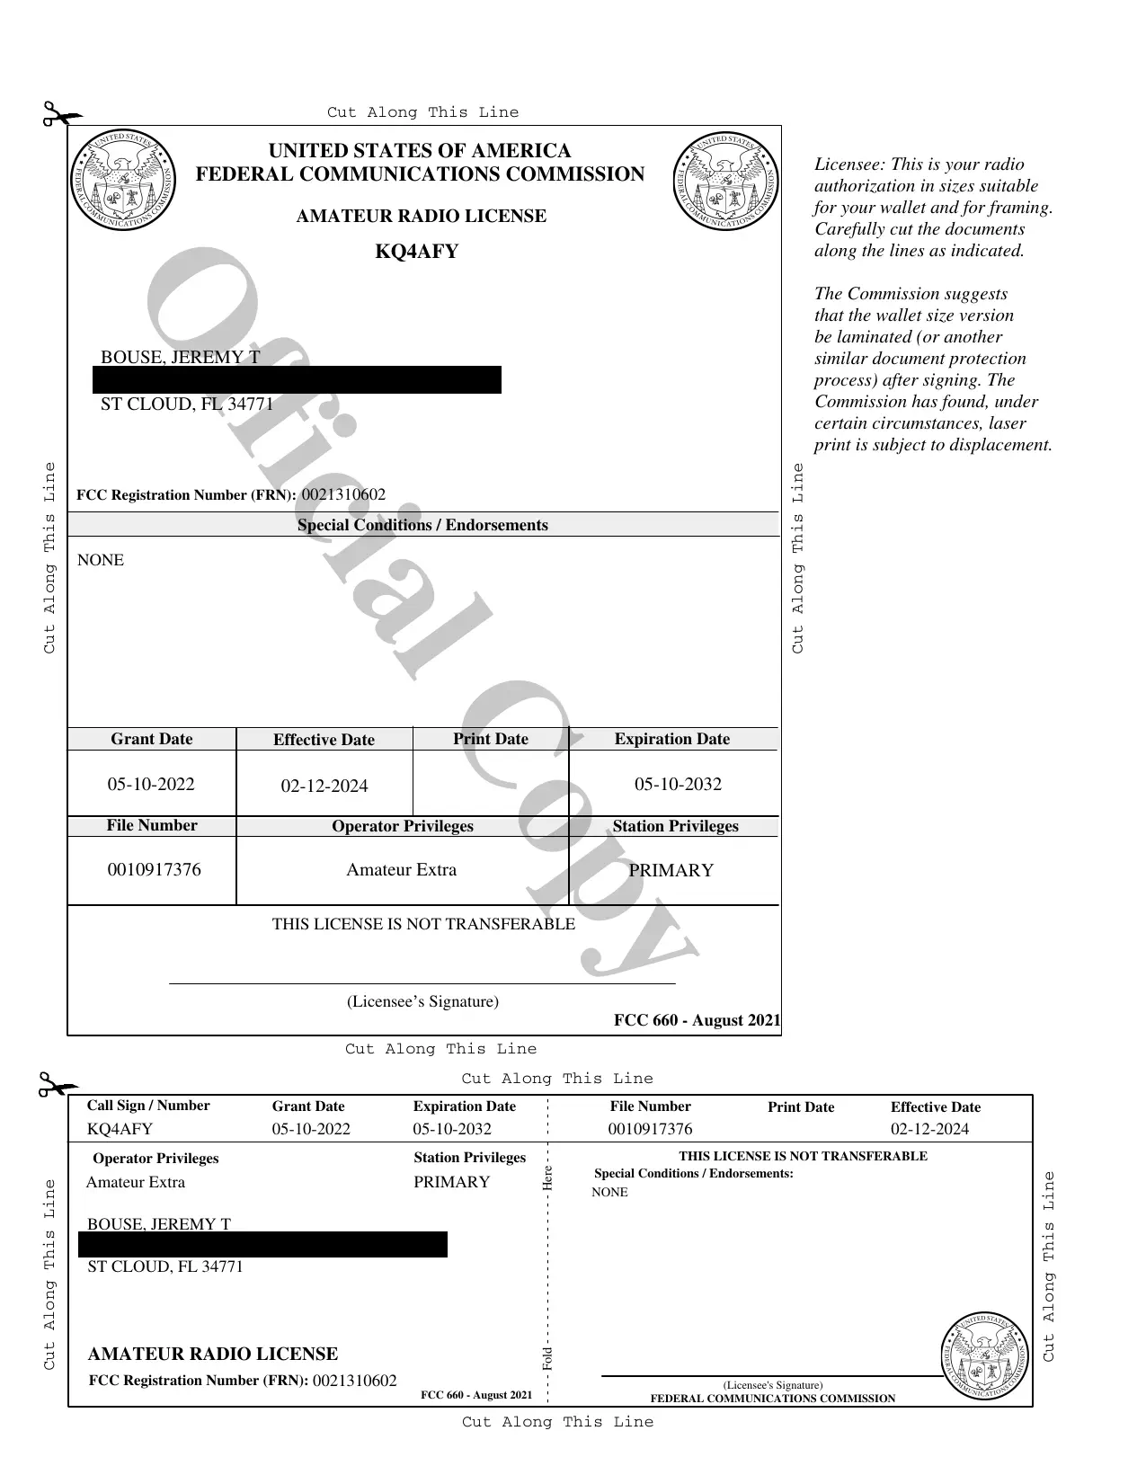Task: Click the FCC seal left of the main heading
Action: pos(122,180)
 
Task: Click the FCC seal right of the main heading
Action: pos(725,180)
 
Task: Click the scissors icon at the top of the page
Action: pos(59,115)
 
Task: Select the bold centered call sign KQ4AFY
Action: pos(416,252)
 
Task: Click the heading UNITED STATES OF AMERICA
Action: pos(420,151)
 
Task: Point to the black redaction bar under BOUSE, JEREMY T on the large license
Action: pos(297,380)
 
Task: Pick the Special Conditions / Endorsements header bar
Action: pos(422,525)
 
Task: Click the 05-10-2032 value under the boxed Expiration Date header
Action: pos(678,784)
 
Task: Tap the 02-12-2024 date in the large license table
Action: pos(324,786)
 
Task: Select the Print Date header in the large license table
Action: pos(491,739)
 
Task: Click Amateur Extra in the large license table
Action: pos(402,870)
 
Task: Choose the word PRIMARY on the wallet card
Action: pos(451,1182)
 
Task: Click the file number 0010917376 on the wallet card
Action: pos(650,1129)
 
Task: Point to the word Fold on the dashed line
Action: pos(547,1358)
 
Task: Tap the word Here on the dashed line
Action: pos(547,1178)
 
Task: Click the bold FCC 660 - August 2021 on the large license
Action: pos(697,1020)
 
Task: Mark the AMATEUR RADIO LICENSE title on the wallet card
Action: pos(213,1354)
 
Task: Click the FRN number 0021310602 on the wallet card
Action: pos(354,1381)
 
